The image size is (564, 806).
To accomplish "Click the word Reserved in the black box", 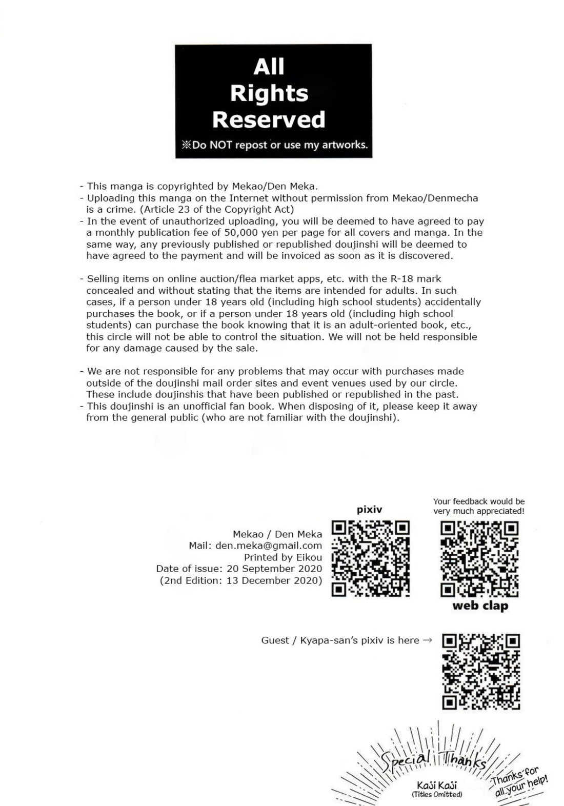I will click(269, 119).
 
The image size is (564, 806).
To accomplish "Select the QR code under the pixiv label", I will click(371, 558).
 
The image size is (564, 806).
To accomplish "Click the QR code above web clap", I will click(480, 559).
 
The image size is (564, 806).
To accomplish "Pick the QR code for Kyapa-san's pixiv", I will click(481, 672).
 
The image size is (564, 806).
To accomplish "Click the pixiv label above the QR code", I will click(369, 510).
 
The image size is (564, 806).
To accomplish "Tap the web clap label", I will click(480, 606).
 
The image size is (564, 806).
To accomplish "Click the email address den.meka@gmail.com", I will click(269, 546).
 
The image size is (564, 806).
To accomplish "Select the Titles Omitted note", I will click(437, 795).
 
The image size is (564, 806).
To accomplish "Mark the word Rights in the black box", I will click(269, 93).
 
